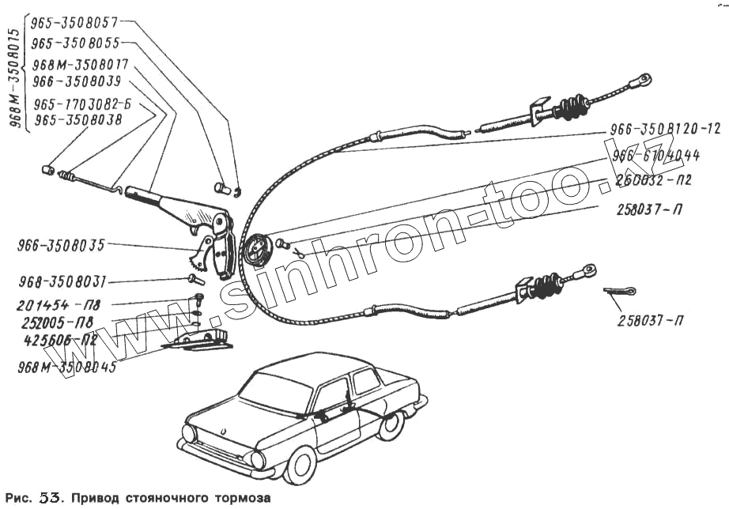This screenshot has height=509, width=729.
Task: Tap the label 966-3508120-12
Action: [666, 129]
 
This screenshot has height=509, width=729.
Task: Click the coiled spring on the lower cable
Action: [542, 287]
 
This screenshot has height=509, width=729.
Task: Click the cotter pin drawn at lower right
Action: [621, 292]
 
